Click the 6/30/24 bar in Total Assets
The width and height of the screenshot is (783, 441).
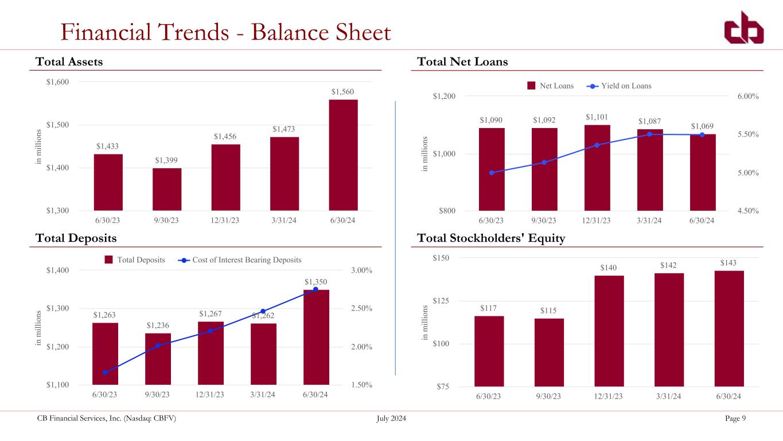click(x=343, y=155)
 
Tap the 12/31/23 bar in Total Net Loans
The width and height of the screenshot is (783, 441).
click(x=597, y=168)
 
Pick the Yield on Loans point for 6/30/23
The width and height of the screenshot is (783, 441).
click(x=492, y=173)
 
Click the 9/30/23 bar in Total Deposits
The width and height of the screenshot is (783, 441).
click(x=158, y=359)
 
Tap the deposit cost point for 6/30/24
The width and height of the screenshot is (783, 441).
click(x=315, y=289)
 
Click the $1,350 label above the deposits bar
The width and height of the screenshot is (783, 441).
click(x=316, y=281)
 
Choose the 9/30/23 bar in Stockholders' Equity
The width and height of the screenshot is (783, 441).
click(x=550, y=353)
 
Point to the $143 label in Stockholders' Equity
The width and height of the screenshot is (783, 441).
click(x=729, y=262)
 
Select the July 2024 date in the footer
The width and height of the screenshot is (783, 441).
click(x=391, y=419)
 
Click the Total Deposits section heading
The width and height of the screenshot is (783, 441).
click(x=76, y=238)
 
